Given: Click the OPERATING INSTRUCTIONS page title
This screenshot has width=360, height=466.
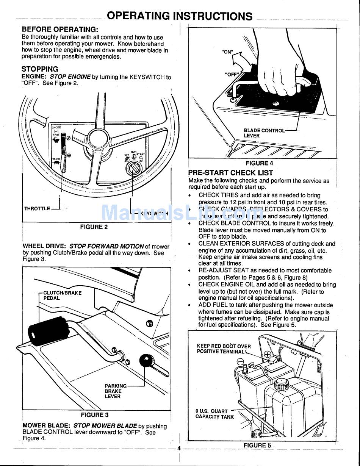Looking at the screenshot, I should (179, 16).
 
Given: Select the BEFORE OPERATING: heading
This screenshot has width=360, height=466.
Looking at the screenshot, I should (60, 29).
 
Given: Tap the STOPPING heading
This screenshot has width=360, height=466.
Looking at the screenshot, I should (40, 69).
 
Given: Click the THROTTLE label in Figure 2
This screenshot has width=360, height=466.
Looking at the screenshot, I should (37, 208).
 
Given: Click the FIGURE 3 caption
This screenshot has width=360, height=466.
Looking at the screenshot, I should (94, 415).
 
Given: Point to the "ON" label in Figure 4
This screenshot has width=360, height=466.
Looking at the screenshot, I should (227, 52).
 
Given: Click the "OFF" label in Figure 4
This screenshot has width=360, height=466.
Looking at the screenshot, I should (231, 74).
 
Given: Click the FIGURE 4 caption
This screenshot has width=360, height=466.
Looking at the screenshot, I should (259, 163).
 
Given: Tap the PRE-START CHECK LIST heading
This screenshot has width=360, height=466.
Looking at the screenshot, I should (230, 173).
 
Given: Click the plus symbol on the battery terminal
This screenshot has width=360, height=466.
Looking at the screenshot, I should (268, 355).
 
